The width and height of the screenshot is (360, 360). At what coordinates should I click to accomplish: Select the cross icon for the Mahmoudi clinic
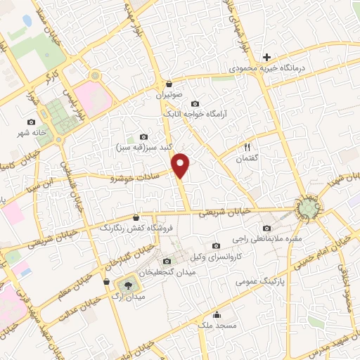pyautogui.click(x=266, y=57)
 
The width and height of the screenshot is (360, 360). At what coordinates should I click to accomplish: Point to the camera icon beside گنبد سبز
pyautogui.click(x=144, y=136)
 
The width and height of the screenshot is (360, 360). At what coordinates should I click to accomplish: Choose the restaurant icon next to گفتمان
pyautogui.click(x=247, y=147)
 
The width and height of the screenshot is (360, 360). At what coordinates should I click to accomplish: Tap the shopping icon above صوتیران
pyautogui.click(x=169, y=83)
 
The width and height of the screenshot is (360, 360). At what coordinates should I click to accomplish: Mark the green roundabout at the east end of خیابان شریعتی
pyautogui.click(x=309, y=207)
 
